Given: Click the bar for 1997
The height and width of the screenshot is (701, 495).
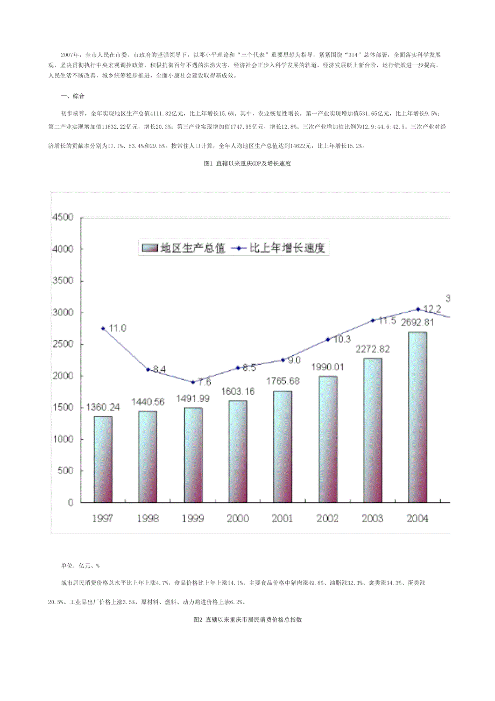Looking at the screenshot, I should pos(103,459).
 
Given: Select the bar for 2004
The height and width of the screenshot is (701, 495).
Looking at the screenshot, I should pos(418,417).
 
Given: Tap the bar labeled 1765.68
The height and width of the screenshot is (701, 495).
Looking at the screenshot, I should pos(282,446).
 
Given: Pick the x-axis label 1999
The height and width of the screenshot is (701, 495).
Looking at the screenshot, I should pos(193,518).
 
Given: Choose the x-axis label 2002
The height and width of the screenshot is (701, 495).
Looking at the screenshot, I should pos(327,518).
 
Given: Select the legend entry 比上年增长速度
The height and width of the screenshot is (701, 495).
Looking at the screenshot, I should pos(281,249).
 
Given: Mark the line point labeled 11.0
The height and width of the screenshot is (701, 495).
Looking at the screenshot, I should pos(103,328).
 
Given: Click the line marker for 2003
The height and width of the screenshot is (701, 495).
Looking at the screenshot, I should pos(372,320).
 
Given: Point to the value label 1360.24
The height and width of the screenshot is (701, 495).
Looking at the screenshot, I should pos(103,408).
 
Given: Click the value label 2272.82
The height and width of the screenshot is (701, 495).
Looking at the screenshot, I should pos(372,349).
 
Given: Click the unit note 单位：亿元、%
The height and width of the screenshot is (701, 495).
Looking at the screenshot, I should pos(80,566).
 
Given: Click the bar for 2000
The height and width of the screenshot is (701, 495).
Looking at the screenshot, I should pos(237,451).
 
